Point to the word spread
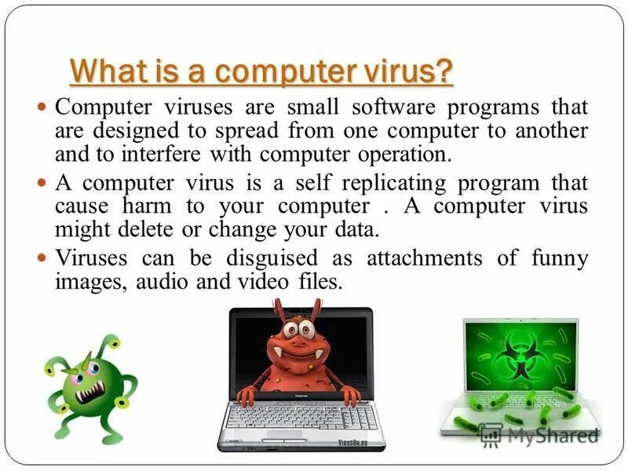[x=246, y=130]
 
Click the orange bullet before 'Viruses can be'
[x=43, y=257]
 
